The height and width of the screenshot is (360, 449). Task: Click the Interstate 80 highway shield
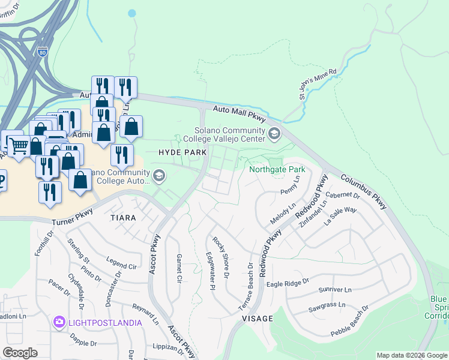pos(42,52)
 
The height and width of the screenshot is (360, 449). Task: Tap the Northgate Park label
pos(277,170)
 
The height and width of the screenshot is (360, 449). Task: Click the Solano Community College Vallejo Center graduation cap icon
pos(275,134)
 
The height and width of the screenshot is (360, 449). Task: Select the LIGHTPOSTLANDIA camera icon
pos(59,323)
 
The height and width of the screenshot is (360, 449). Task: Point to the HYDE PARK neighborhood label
pos(182,153)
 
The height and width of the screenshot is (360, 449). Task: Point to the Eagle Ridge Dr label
pos(288,282)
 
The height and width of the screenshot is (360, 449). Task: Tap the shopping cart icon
pos(19,144)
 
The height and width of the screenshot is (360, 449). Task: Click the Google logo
pos(20,353)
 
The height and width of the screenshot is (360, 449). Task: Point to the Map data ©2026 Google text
pos(412,355)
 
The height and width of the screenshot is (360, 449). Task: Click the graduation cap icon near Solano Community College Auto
pos(159,175)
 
